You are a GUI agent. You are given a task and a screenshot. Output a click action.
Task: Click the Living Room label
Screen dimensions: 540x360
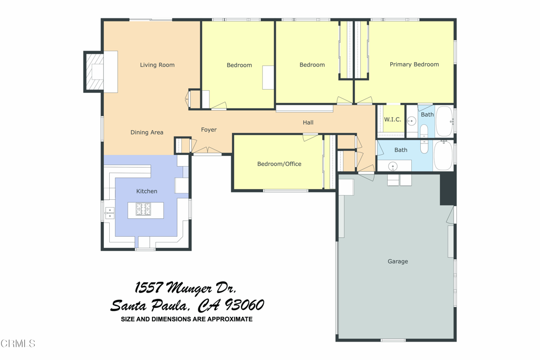[x=157, y=65]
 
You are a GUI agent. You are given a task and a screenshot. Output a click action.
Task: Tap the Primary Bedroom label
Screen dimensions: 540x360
[x=414, y=64]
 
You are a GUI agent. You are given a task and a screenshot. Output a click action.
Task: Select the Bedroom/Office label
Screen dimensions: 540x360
[x=279, y=164]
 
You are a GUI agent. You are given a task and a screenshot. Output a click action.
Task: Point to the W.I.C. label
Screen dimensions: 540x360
[x=392, y=120]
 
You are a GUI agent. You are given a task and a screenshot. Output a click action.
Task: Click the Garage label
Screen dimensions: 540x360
[x=398, y=261]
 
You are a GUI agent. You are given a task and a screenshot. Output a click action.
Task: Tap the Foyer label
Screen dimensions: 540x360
[x=209, y=130]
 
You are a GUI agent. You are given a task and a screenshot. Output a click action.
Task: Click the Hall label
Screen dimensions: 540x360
[x=308, y=122]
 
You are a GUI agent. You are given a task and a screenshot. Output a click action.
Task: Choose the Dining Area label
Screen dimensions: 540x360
[x=147, y=132]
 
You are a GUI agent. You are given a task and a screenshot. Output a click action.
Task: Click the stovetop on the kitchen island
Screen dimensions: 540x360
[x=143, y=209]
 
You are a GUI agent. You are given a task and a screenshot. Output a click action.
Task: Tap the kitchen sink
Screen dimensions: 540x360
[x=110, y=213]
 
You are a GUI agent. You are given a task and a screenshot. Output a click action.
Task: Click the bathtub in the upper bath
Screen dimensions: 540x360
[x=445, y=121]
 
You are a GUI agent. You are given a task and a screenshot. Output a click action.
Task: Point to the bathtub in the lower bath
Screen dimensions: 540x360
[x=443, y=155]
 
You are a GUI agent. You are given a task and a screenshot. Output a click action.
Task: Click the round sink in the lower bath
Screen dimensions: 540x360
[x=392, y=167]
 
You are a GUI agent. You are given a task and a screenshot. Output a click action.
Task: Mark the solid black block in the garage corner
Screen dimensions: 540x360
[x=448, y=189]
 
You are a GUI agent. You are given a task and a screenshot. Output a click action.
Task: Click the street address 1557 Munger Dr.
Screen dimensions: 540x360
[x=185, y=288]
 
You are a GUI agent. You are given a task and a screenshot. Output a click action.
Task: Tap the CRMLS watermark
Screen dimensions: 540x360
[x=18, y=344]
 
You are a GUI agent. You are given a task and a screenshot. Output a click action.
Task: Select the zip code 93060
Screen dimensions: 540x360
[x=245, y=305]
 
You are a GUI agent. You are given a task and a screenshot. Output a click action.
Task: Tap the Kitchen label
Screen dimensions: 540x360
[x=147, y=191]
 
